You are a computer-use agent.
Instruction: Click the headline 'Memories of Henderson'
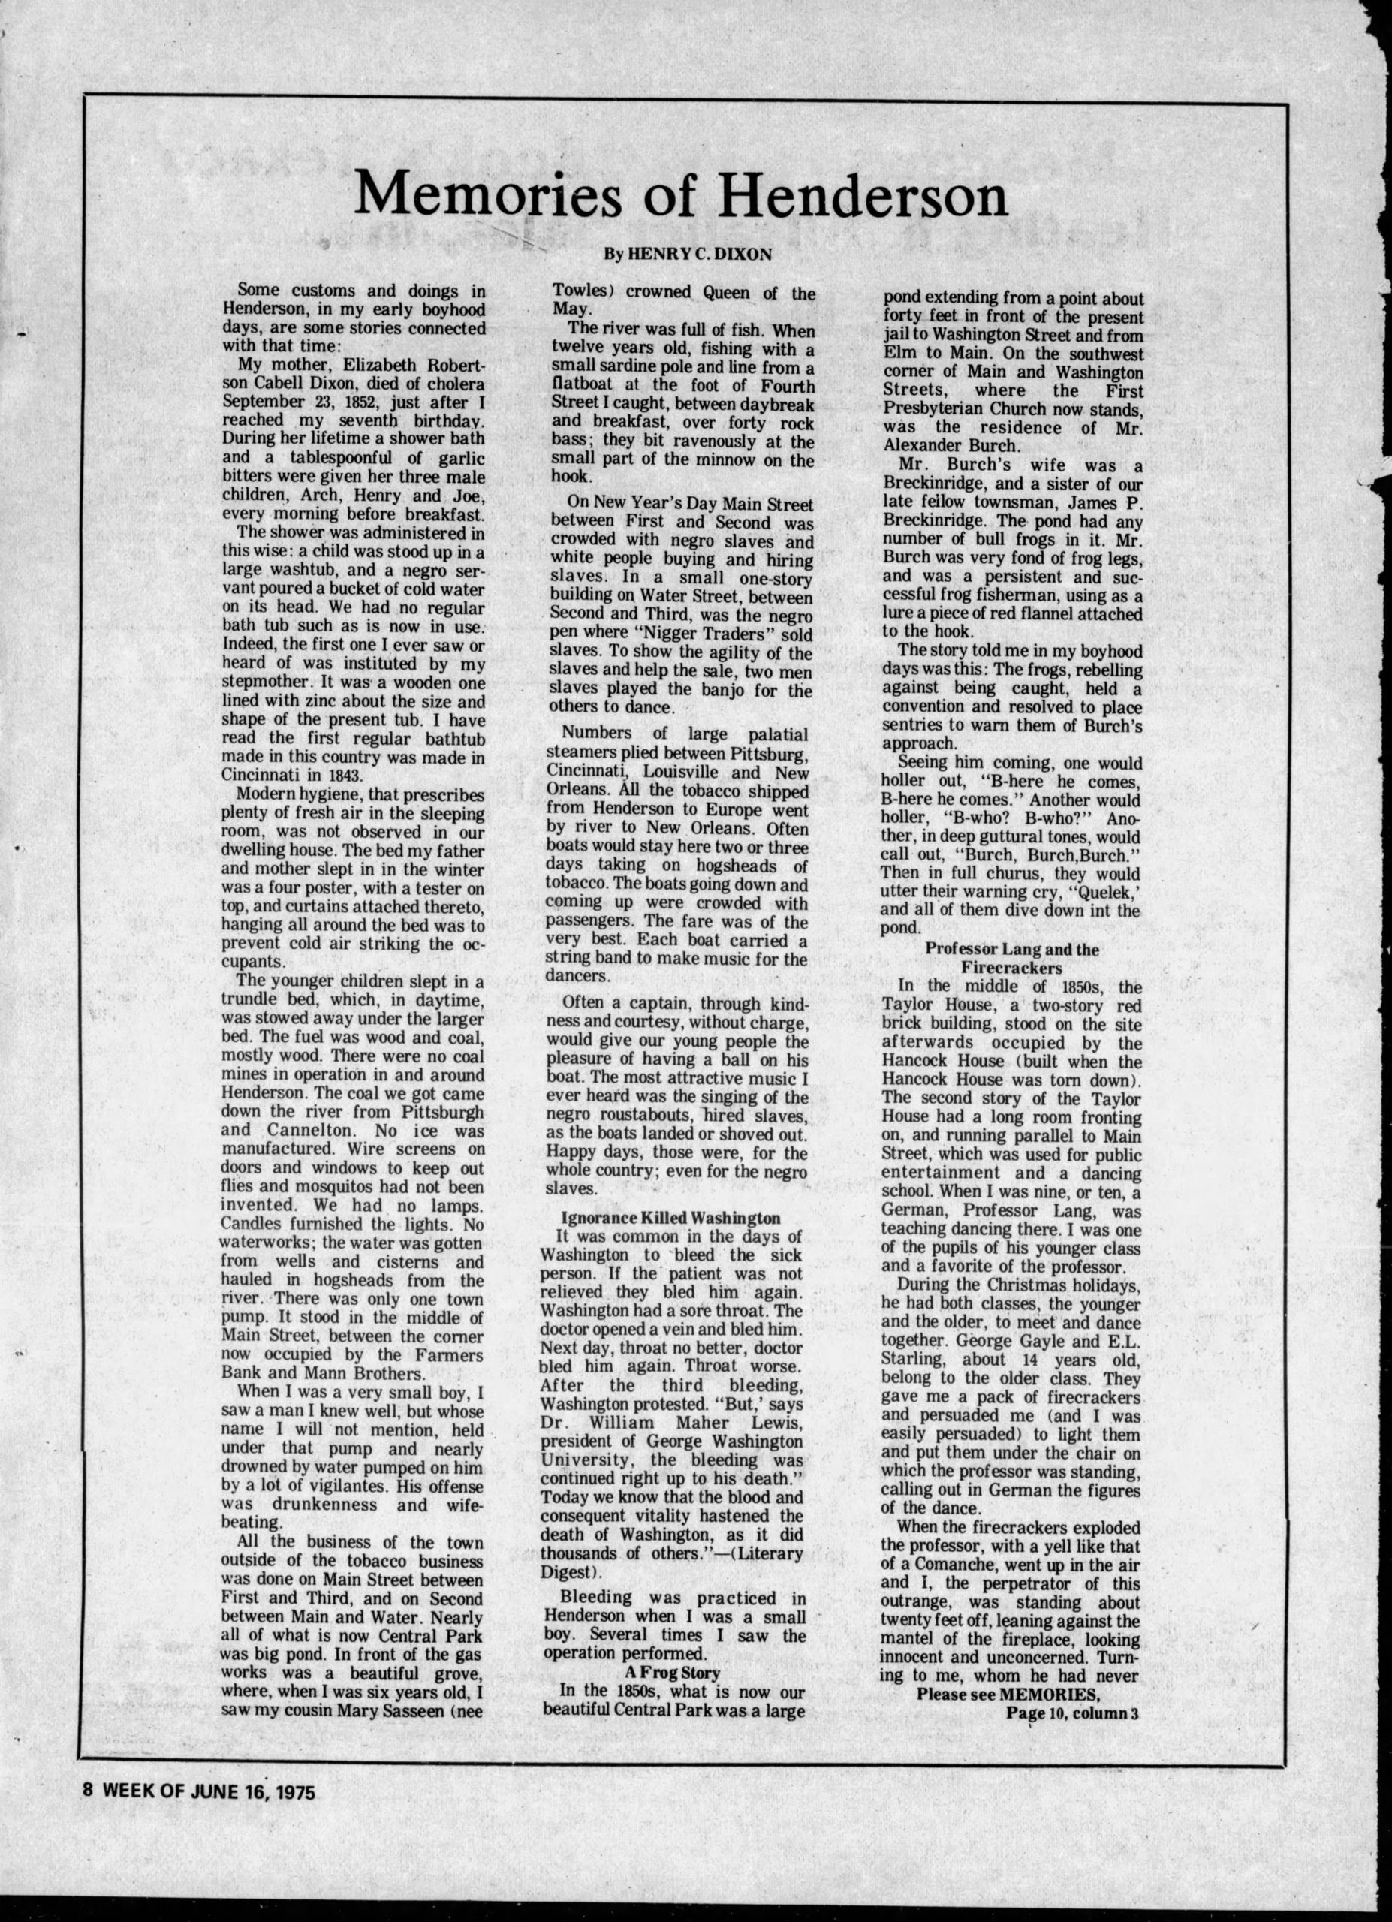[680, 194]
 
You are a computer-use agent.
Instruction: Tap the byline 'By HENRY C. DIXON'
[687, 253]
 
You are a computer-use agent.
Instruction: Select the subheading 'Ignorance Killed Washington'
[670, 1218]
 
